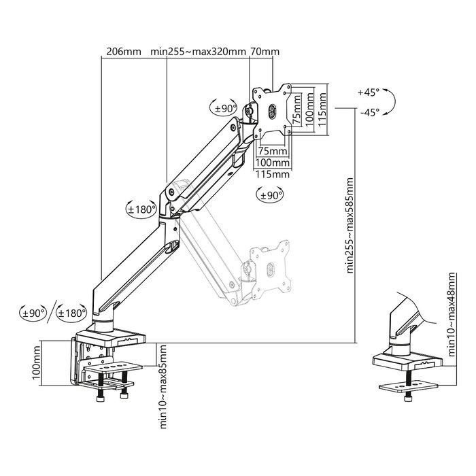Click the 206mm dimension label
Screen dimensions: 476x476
point(123,51)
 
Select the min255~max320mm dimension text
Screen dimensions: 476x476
point(199,51)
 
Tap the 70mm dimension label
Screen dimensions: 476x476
point(265,51)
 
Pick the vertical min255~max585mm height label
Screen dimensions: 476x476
point(350,224)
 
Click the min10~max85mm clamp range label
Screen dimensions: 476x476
point(163,385)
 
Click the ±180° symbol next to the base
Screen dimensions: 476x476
point(71,313)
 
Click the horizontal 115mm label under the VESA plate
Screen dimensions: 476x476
point(271,174)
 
